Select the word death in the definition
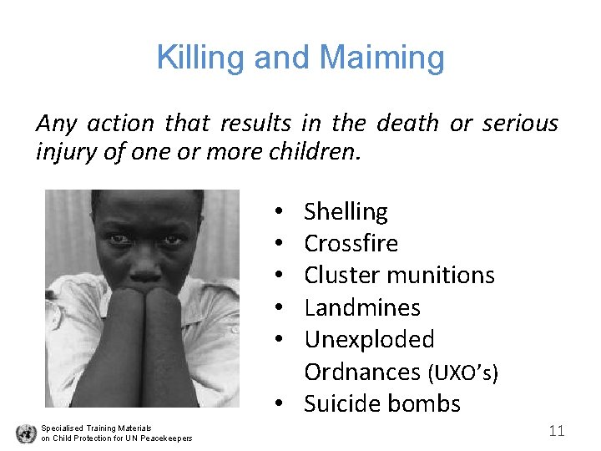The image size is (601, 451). (x=407, y=124)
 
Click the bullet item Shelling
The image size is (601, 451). (x=346, y=212)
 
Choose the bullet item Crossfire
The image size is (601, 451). (x=351, y=244)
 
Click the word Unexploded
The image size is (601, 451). (x=369, y=340)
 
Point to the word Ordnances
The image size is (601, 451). (x=362, y=372)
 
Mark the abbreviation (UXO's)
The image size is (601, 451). (x=462, y=372)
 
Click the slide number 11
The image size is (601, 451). (x=557, y=431)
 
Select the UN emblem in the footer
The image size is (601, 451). (x=26, y=433)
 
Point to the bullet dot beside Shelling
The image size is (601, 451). (x=276, y=213)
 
